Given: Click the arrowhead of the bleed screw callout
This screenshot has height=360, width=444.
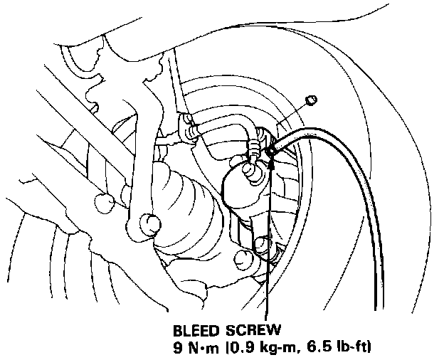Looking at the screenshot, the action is coord(271,161).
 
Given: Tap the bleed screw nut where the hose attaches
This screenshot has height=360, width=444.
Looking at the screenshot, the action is coord(272,151).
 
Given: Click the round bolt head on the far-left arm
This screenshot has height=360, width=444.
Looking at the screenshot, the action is coord(105,202).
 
